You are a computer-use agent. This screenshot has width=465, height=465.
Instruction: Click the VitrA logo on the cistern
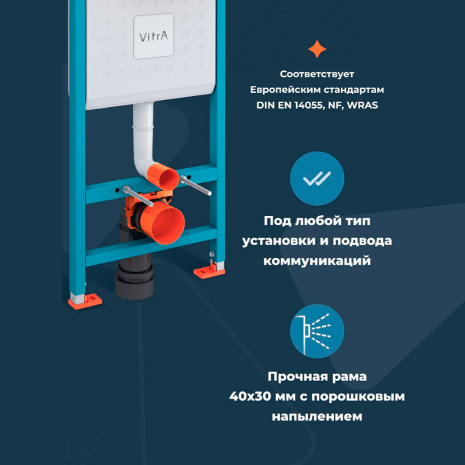coord(153,37)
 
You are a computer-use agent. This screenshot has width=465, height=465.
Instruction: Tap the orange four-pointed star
coord(317,49)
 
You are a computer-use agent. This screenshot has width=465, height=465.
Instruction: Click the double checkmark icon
coord(317,179)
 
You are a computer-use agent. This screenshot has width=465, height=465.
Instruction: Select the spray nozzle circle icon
coord(317,331)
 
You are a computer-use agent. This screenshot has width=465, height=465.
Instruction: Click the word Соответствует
coord(317,74)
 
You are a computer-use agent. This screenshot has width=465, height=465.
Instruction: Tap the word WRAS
coord(362,105)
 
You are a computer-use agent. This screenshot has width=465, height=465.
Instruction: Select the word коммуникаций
coord(317,261)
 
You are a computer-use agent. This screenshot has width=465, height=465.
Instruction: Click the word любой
coord(314,221)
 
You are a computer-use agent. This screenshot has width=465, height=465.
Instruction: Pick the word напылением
coord(317,417)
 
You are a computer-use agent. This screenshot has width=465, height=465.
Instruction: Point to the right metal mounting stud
coord(196,186)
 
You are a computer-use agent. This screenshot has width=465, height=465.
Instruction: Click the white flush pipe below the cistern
coord(143,132)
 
